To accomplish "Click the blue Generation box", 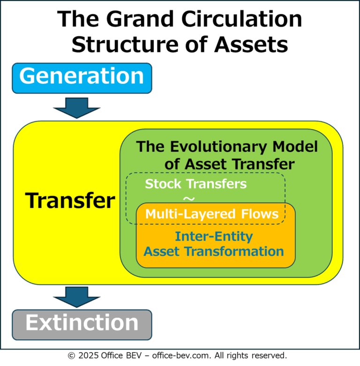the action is click(82, 78).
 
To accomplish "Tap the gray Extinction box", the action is click(82, 325).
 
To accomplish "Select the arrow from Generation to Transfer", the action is click(77, 108).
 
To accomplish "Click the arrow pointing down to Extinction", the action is click(77, 297).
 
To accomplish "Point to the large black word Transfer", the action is click(70, 200).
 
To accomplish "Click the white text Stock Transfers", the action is click(195, 183).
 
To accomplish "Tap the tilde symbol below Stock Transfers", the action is click(189, 199).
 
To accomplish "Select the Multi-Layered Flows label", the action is click(212, 214).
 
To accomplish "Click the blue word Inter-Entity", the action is click(214, 236).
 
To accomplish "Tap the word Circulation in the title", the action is click(241, 19).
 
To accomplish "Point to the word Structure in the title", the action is click(125, 45).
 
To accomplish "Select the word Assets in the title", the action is click(251, 45).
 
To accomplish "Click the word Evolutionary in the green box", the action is click(218, 147).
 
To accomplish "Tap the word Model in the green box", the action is click(295, 146).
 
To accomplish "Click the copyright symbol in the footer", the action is click(71, 356).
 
